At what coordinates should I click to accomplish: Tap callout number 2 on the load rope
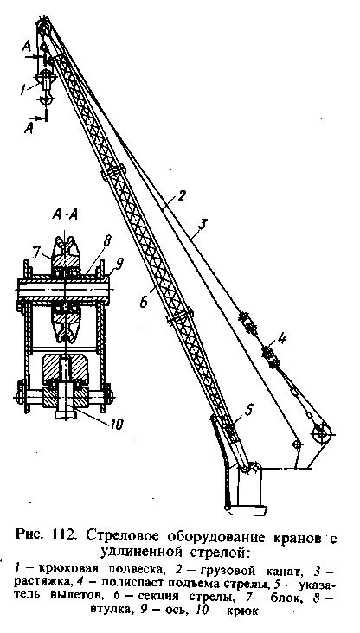(182, 196)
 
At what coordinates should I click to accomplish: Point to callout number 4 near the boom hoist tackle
(282, 338)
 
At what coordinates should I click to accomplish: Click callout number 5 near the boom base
(249, 411)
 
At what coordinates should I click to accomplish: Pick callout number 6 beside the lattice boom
(144, 300)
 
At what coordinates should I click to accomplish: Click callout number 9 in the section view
(120, 264)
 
